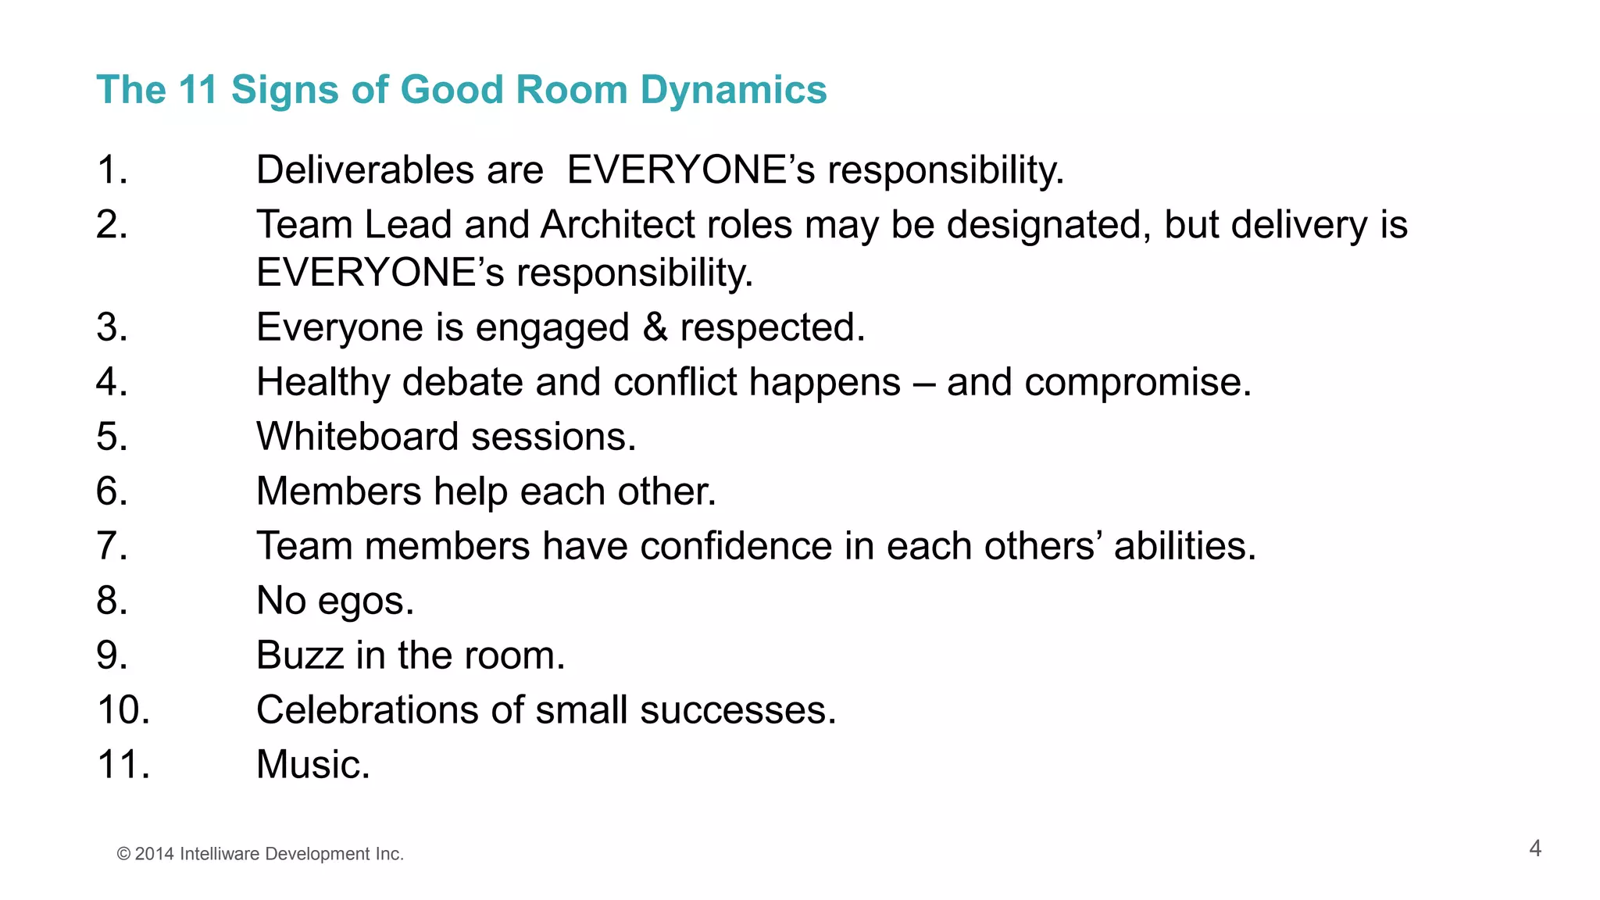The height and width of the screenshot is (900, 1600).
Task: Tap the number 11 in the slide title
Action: point(198,90)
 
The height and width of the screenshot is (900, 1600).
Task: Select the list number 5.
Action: point(112,437)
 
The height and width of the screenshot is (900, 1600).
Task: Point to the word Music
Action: point(312,765)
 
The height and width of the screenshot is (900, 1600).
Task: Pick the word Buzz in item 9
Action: point(299,655)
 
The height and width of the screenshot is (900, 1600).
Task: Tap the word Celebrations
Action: point(367,710)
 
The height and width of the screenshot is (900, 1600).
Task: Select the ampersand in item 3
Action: point(655,327)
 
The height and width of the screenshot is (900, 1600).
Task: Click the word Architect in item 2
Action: point(617,225)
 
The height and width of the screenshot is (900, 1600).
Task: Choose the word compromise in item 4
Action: point(1137,383)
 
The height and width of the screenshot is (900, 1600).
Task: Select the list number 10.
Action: point(123,710)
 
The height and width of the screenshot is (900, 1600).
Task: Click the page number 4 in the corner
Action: point(1535,848)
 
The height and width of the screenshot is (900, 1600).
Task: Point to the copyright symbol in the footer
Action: point(123,855)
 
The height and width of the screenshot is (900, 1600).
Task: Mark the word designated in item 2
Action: point(1048,225)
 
